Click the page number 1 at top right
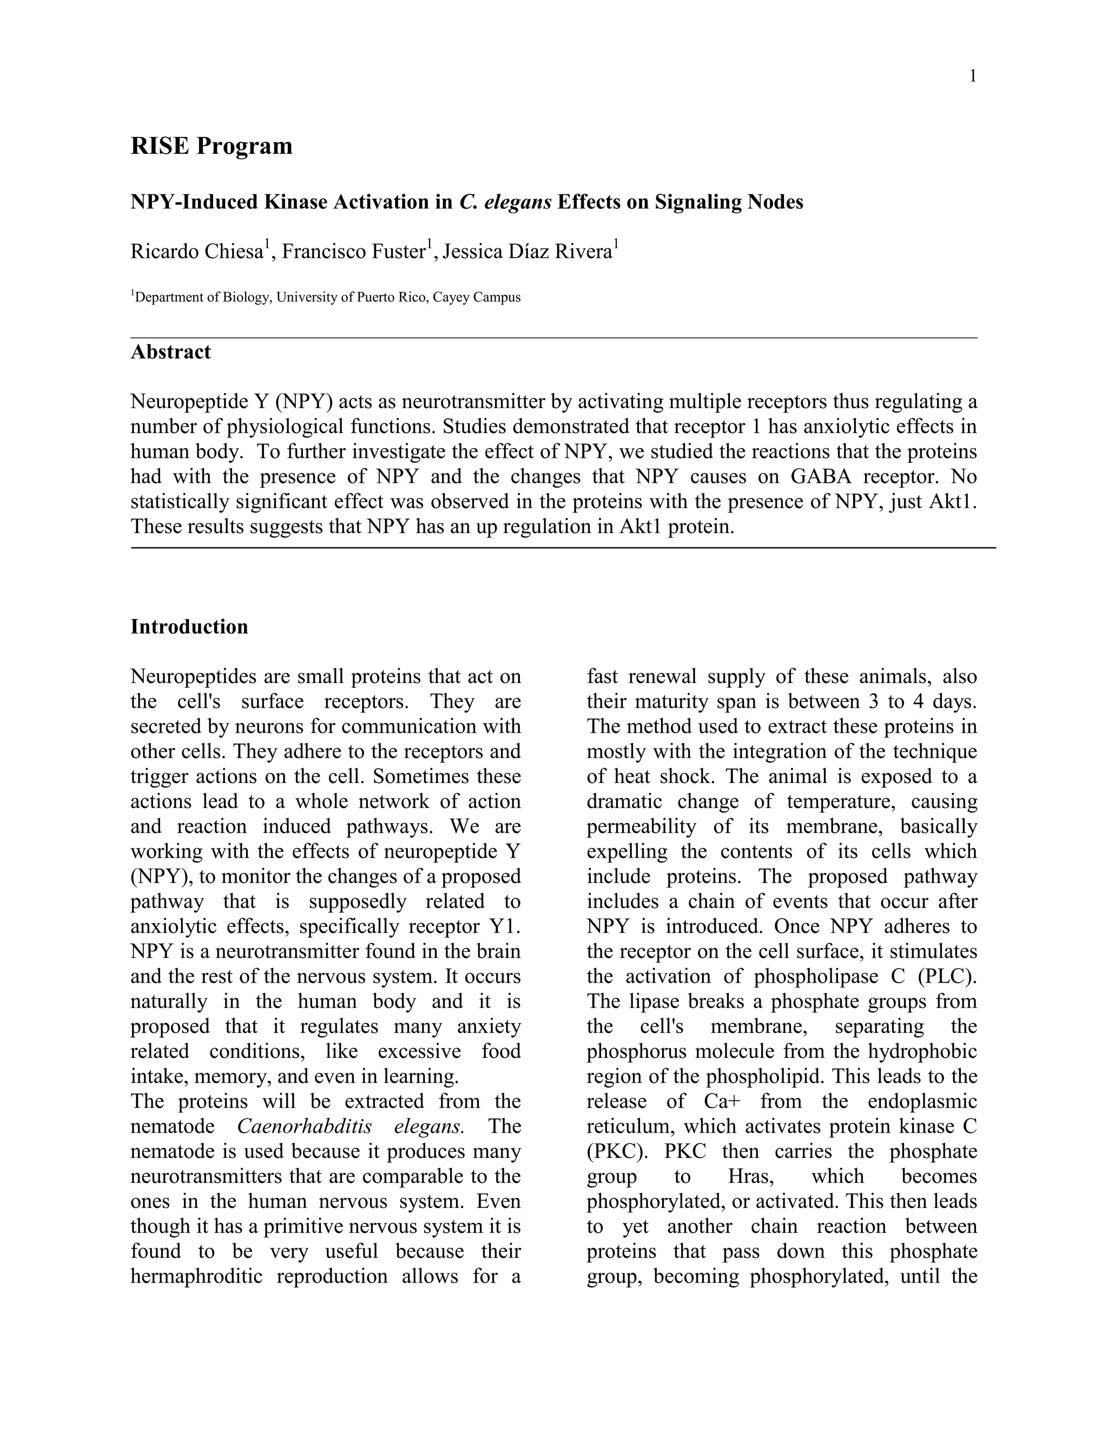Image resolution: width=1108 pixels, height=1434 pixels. point(973,77)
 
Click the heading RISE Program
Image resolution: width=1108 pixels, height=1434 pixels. point(212,146)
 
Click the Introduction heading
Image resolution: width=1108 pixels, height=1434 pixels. point(189,627)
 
